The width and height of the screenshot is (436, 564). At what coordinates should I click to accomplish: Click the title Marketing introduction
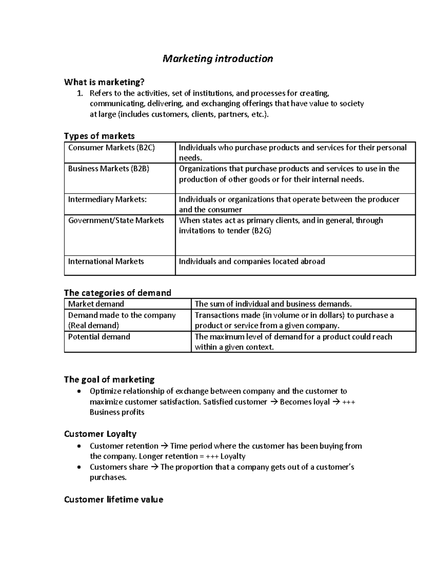pos(217,58)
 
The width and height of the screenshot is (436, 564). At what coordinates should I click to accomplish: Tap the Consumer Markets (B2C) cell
pos(111,148)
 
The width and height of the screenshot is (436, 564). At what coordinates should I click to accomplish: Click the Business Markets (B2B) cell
pos(109,169)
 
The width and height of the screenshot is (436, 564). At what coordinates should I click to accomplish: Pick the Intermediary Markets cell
pos(107,199)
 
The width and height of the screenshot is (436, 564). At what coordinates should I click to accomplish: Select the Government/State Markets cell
pos(116,220)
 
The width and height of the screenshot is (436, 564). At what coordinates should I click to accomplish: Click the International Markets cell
pos(106,261)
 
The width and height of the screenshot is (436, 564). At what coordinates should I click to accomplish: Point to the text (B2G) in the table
pos(261,231)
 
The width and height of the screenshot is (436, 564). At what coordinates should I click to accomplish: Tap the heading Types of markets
pos(99,136)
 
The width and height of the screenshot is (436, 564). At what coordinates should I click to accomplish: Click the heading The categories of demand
pos(117,293)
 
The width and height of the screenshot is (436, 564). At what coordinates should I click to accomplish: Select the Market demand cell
pos(96,304)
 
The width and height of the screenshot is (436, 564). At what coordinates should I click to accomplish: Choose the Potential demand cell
pos(99,337)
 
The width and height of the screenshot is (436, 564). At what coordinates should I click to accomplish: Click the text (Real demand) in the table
pos(93,325)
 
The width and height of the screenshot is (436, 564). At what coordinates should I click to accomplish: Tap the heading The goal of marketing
pos(109,380)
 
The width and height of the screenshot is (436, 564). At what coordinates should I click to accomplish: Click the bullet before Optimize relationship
pos(79,391)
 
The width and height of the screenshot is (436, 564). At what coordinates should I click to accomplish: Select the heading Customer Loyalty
pos(100,434)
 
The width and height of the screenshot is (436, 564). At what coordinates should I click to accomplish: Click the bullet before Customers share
pos(79,467)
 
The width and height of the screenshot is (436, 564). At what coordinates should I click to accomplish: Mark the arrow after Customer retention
pos(164,446)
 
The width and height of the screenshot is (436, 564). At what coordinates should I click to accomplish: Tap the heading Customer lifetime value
pos(113,500)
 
